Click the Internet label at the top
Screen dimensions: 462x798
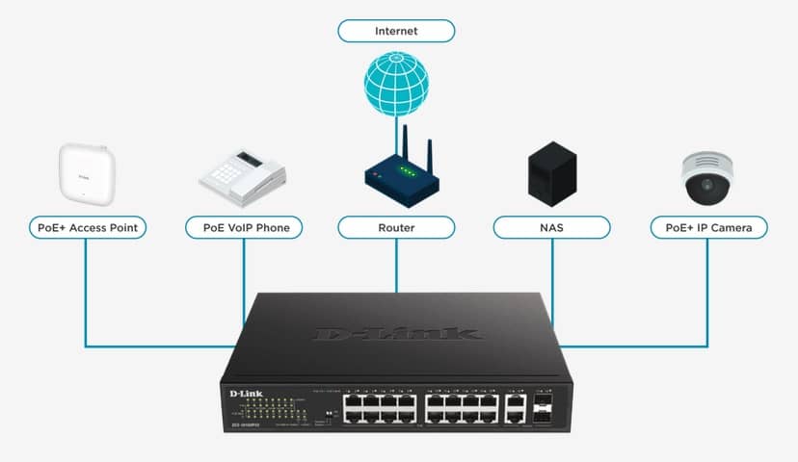[x=395, y=31]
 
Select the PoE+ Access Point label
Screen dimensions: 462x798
[x=87, y=227]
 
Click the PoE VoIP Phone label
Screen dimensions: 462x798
[x=243, y=227]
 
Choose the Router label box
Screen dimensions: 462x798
[x=395, y=227]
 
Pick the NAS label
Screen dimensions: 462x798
[x=551, y=227]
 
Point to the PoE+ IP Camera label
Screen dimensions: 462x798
[x=708, y=227]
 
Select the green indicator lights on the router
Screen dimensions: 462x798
[x=408, y=173]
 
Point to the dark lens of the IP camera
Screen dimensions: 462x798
[x=705, y=184]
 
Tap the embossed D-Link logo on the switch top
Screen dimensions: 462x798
[x=395, y=333]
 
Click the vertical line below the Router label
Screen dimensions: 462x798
[x=396, y=265]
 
